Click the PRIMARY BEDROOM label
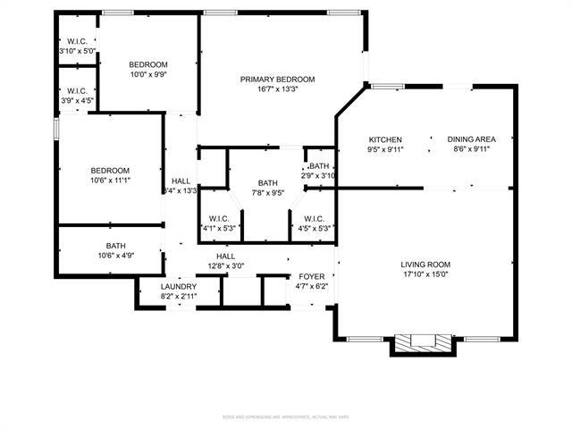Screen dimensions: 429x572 277,80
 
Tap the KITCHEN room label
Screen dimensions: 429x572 385,139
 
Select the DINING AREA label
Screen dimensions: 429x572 471,139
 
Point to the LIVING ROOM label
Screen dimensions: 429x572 425,265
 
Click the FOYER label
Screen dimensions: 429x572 312,276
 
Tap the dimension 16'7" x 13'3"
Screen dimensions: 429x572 277,89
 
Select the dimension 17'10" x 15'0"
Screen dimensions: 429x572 425,275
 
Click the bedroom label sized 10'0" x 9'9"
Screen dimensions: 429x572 147,64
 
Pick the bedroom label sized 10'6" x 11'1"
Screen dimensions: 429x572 110,171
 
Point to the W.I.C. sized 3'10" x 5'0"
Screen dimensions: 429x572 76,41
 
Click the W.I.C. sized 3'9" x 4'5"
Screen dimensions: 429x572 76,90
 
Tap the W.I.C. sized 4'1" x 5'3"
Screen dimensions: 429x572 220,218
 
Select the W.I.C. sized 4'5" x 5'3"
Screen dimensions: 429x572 314,218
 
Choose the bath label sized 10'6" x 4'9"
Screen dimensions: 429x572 116,246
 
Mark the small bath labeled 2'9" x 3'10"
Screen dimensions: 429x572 319,166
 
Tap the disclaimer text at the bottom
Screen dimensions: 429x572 285,416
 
